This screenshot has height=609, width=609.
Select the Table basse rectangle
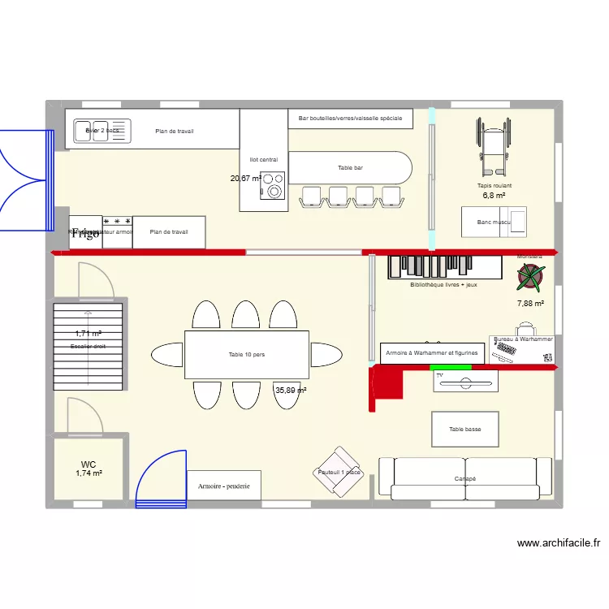(464, 429)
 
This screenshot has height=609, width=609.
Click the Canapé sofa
(464, 478)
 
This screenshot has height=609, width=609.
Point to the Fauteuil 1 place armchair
(340, 471)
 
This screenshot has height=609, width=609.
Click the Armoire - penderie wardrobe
(224, 486)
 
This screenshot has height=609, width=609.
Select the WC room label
(89, 464)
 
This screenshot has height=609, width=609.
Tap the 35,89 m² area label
(291, 391)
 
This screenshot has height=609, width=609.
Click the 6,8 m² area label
(494, 196)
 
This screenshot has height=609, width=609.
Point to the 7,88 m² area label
(530, 304)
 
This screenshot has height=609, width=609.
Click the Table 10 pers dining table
(247, 354)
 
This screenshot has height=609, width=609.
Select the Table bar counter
(351, 168)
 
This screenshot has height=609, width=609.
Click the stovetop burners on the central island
(272, 186)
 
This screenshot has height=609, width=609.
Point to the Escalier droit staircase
(89, 345)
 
